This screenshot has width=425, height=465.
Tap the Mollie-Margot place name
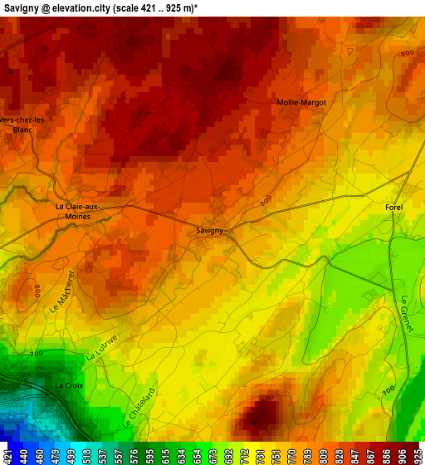tap(301, 102)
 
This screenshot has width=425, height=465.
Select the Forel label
tap(394, 206)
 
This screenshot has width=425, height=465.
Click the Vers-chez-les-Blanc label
tap(23, 125)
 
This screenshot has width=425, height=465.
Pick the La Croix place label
tap(69, 386)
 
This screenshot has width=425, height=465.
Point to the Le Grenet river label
tap(406, 314)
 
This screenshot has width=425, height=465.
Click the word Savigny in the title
tap(20, 7)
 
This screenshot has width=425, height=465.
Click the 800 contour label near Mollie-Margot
tap(407, 53)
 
